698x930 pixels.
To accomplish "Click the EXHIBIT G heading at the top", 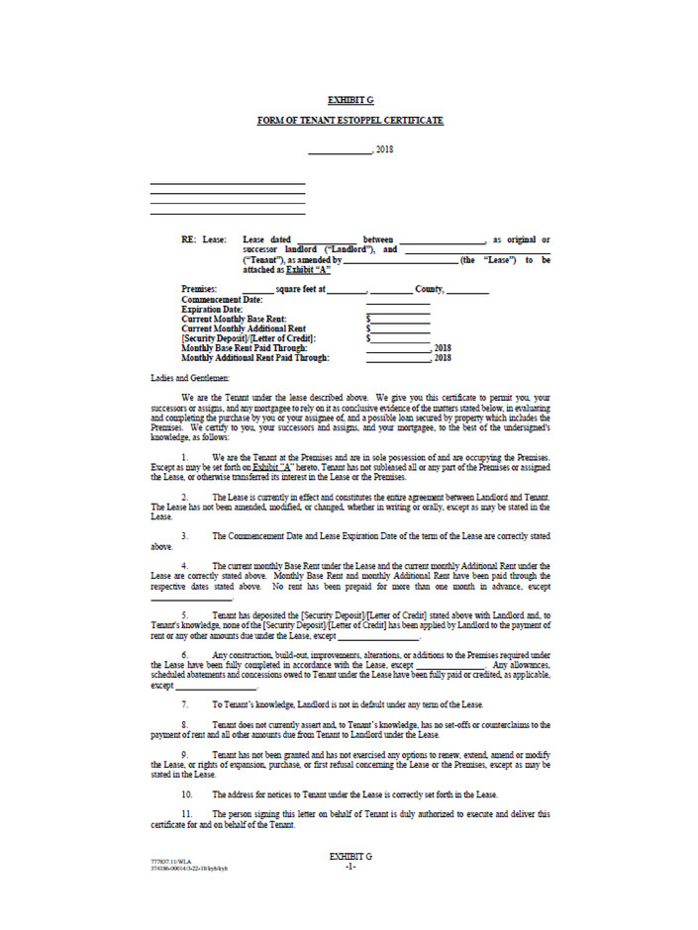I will click(x=349, y=100).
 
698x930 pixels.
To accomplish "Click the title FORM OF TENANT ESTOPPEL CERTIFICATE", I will click(x=349, y=121).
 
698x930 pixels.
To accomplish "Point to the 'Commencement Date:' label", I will click(x=222, y=299).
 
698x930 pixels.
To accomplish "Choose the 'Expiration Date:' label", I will click(x=213, y=309).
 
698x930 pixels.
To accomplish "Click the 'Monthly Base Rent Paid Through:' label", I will click(x=245, y=348).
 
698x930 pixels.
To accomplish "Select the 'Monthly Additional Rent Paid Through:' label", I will click(x=255, y=358).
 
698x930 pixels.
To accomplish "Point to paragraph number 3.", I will click(x=184, y=535).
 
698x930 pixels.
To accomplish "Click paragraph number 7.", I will click(x=184, y=704).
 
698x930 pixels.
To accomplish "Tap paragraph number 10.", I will click(x=186, y=794).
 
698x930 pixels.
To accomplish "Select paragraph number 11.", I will click(x=186, y=814).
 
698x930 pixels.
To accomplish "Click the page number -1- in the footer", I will click(x=349, y=867).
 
